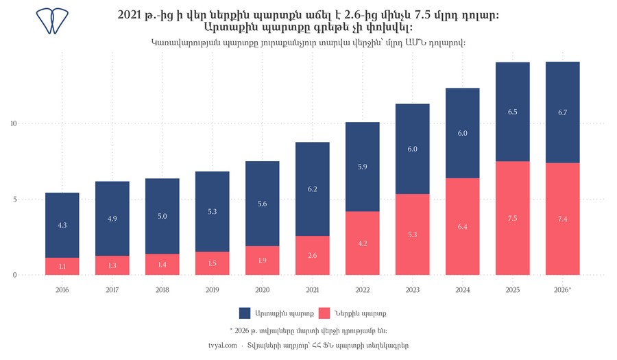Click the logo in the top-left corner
coord(52,21)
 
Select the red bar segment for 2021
coord(313,255)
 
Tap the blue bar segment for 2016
coord(62,226)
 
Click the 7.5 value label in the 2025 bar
coord(512,218)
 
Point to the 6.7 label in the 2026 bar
coord(563,112)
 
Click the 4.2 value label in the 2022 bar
coord(363,243)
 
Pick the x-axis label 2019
coord(213,290)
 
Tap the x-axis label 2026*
coord(563,290)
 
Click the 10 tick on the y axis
coord(14,123)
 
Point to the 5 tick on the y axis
coord(15,199)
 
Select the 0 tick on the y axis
coord(15,275)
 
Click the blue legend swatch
coord(245,313)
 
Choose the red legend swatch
coord(324,313)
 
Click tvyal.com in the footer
coord(223,346)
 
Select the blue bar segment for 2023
coord(413,149)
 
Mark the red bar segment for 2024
coord(463,226)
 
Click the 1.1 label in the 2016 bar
coord(62,267)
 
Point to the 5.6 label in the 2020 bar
coord(263,204)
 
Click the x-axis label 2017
coord(112,290)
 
